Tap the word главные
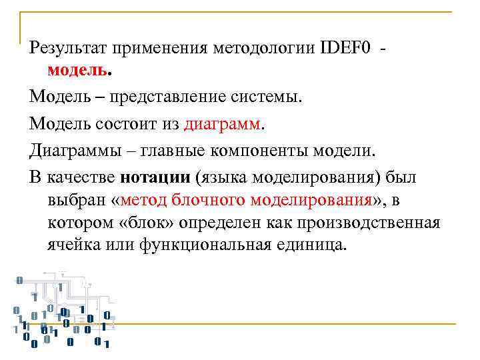190,149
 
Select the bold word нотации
157,176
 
